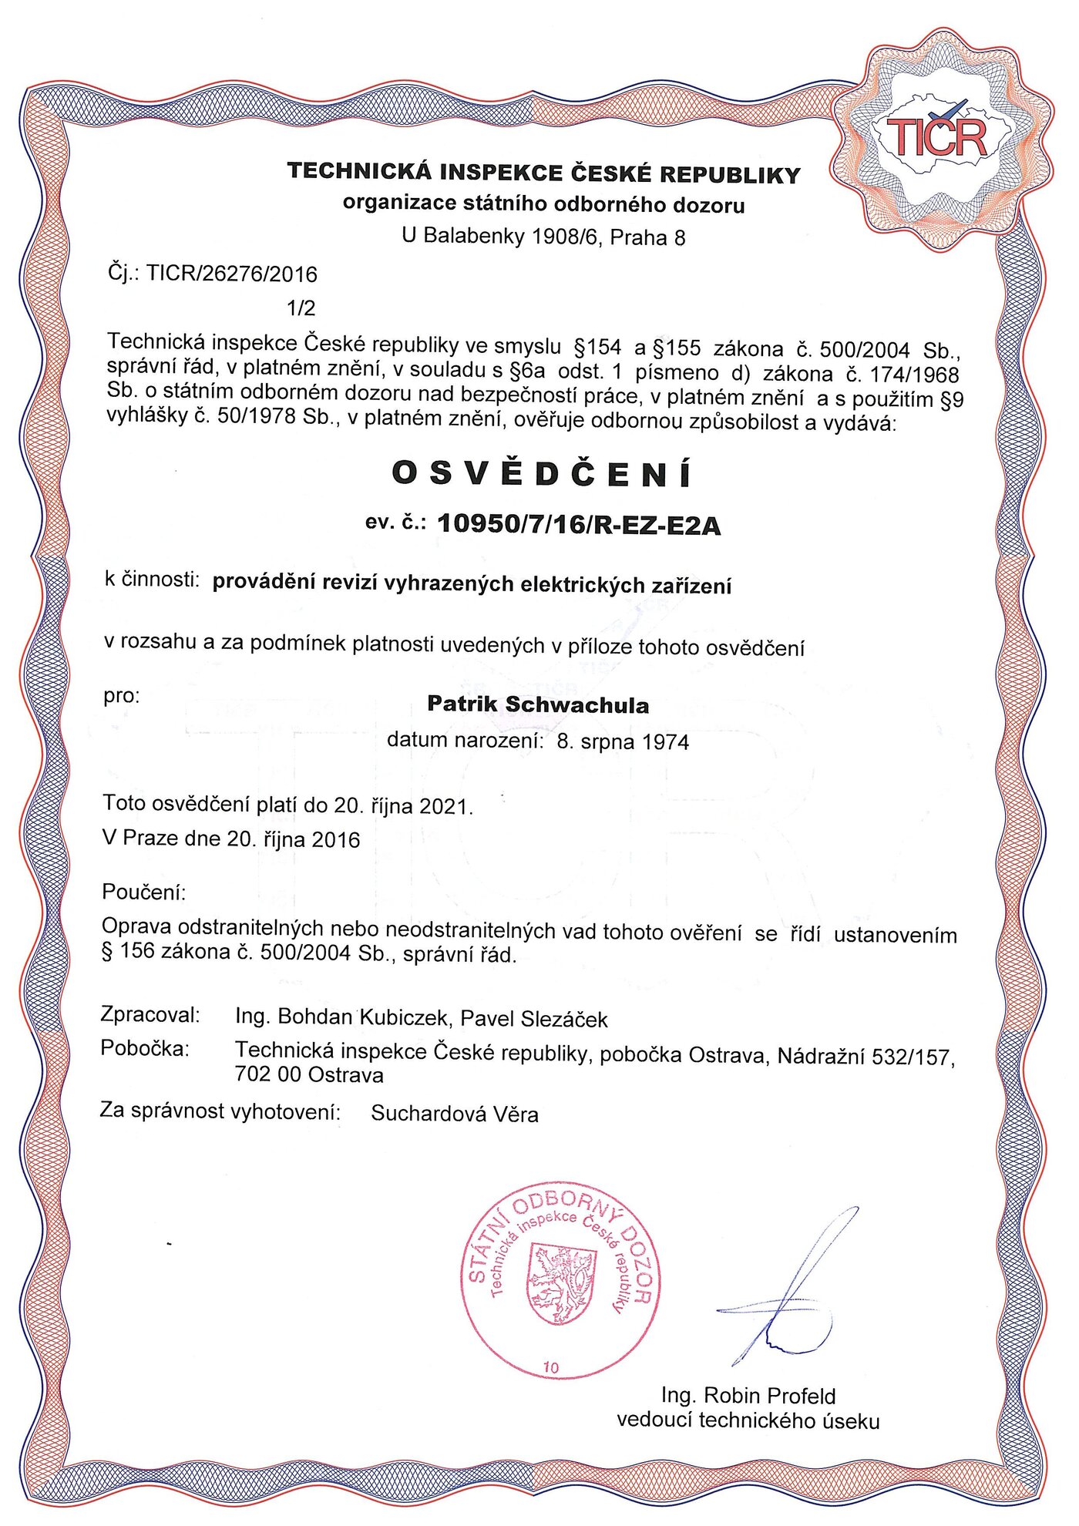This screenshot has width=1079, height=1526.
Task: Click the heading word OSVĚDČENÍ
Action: tap(542, 474)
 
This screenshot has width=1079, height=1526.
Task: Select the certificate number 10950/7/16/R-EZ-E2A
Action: tap(579, 525)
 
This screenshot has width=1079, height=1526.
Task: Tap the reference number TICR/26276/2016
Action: tap(232, 274)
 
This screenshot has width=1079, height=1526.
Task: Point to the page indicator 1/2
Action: tap(301, 308)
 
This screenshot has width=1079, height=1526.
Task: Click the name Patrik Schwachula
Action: tap(538, 704)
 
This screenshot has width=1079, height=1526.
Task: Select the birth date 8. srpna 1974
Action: tap(623, 742)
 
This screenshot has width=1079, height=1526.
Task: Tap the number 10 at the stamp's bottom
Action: tap(551, 1368)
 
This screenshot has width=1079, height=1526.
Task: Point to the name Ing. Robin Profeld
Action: tap(748, 1396)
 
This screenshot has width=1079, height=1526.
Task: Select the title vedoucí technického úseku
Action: tap(748, 1420)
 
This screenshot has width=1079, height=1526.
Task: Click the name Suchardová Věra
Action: tap(455, 1114)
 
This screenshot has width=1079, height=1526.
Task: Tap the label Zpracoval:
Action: tap(150, 1015)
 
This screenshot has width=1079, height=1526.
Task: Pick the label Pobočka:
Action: tap(145, 1049)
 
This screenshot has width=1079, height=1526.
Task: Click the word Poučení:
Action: tap(144, 892)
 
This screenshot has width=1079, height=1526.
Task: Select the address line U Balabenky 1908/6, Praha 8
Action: tap(543, 237)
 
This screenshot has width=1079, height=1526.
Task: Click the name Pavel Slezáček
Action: tap(534, 1019)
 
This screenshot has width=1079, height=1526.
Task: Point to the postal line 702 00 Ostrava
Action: tap(309, 1074)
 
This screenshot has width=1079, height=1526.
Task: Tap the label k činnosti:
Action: tap(153, 580)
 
